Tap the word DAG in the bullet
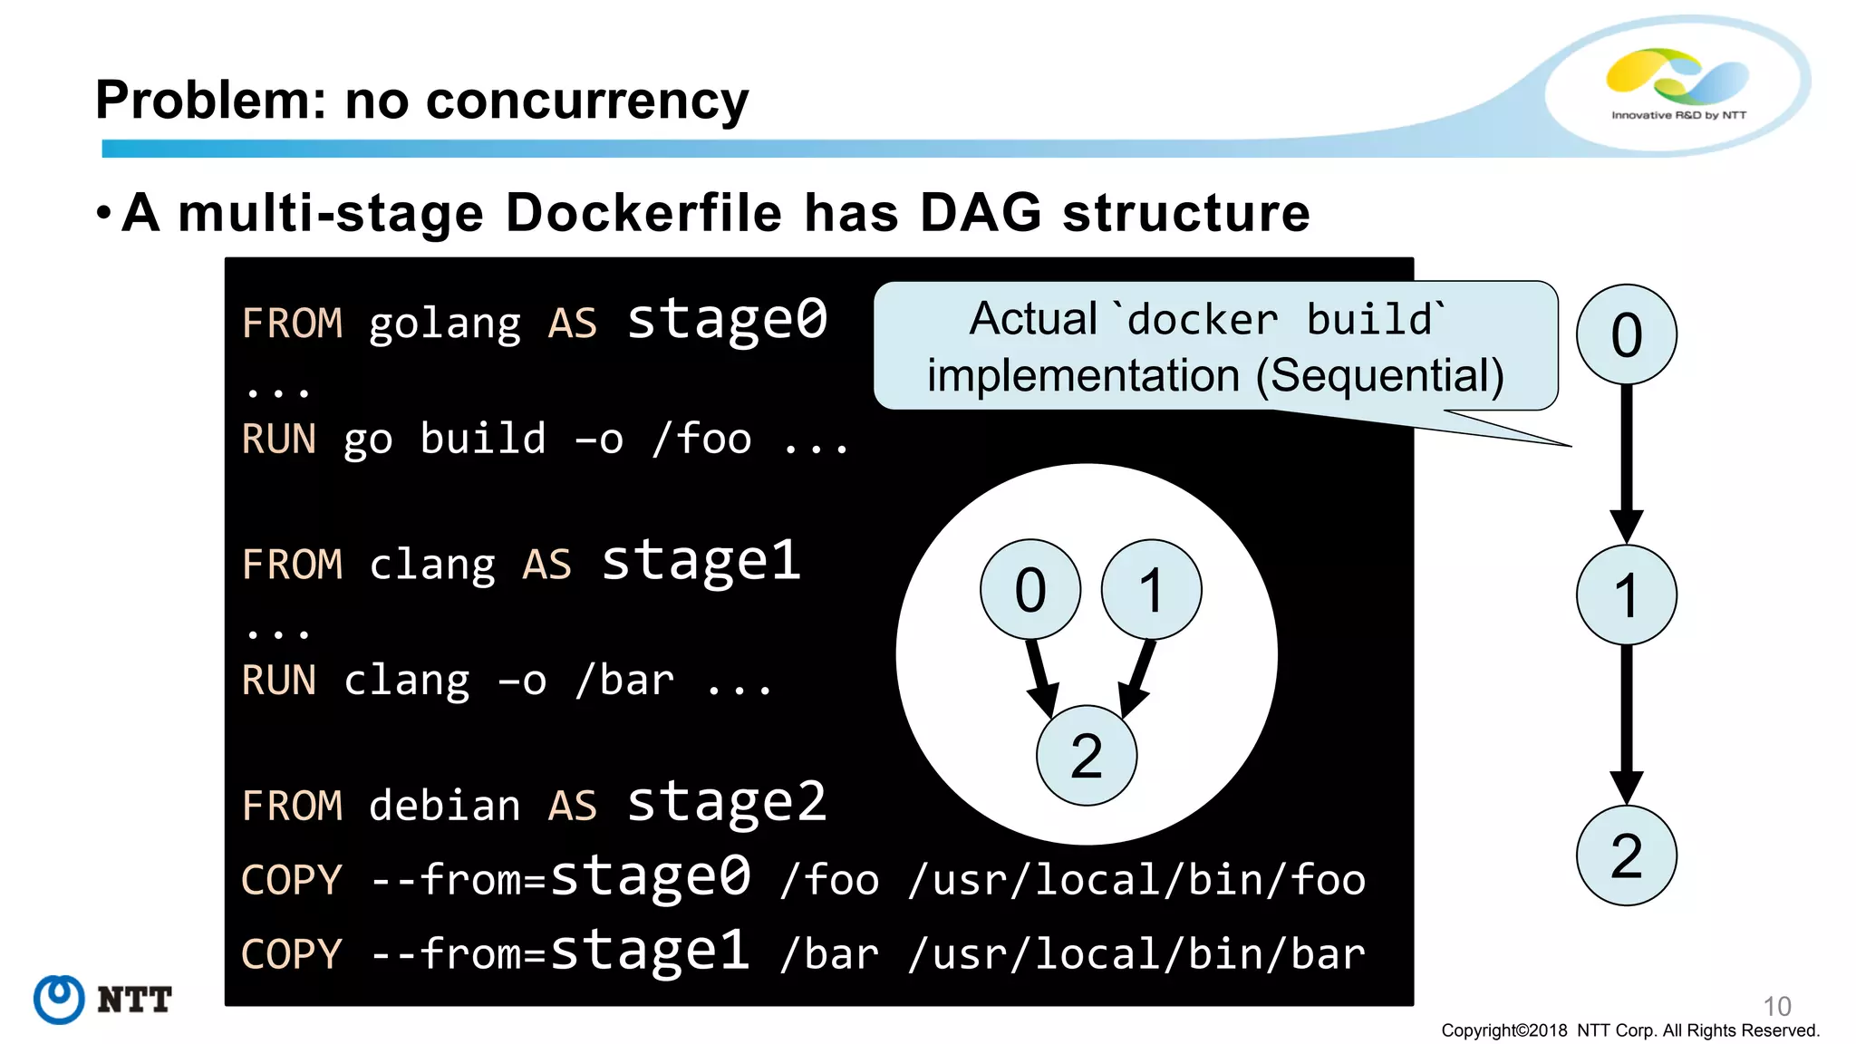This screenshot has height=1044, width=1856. pyautogui.click(x=981, y=214)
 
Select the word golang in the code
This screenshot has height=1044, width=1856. pyautogui.click(x=444, y=324)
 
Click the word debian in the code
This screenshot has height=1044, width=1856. pyautogui.click(x=444, y=806)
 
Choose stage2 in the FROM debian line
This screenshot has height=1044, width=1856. pyautogui.click(x=727, y=802)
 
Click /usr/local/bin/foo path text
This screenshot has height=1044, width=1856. pyautogui.click(x=1136, y=880)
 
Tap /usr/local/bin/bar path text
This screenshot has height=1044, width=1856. pyautogui.click(x=1136, y=954)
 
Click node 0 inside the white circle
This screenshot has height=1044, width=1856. pyautogui.click(x=1030, y=590)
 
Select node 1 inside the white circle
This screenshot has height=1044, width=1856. pyautogui.click(x=1151, y=590)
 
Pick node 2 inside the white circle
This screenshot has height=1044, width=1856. pyautogui.click(x=1087, y=756)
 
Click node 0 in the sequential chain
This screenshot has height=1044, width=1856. pyautogui.click(x=1627, y=334)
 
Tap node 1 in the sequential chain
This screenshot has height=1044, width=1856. pyautogui.click(x=1627, y=595)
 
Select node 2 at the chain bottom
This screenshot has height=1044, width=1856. pyautogui.click(x=1627, y=855)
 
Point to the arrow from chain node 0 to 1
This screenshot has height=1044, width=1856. pyautogui.click(x=1627, y=462)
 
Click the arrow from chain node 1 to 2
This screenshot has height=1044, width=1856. pyautogui.click(x=1627, y=723)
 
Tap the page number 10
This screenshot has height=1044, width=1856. pyautogui.click(x=1777, y=1006)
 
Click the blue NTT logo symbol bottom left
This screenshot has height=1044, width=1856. pyautogui.click(x=59, y=1000)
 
